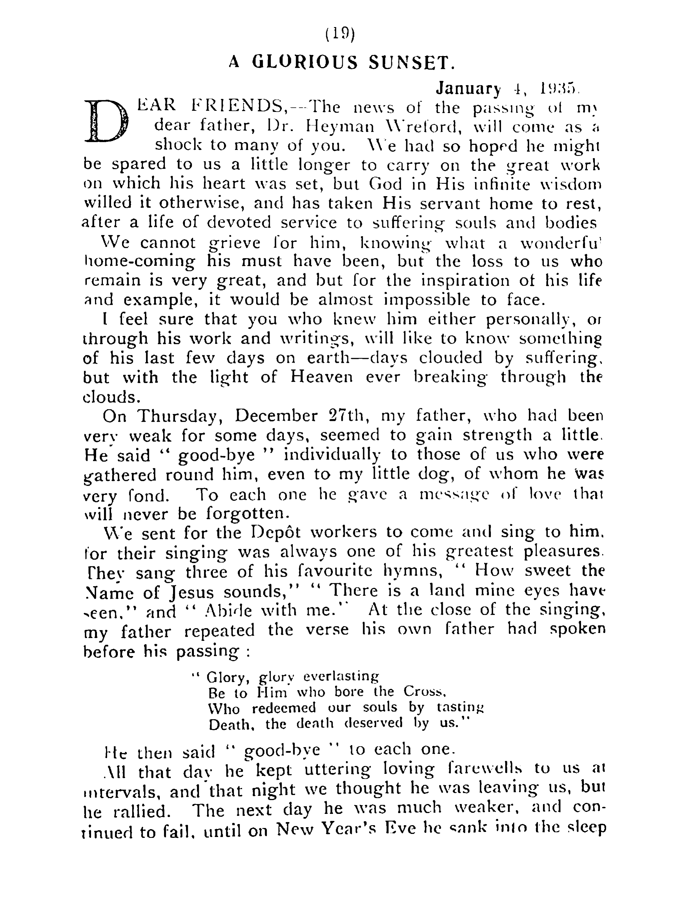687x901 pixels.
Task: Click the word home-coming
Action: pyautogui.click(x=139, y=262)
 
